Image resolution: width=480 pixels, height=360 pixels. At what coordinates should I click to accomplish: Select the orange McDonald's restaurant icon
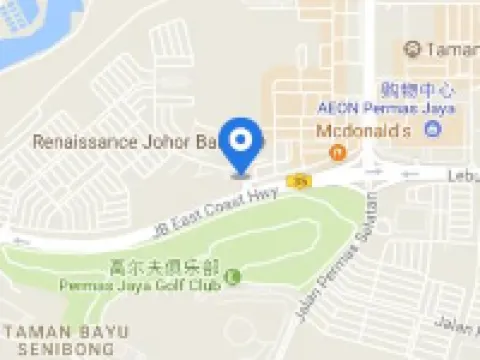[x=338, y=152]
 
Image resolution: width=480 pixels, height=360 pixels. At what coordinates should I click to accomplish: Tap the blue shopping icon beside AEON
[x=432, y=129]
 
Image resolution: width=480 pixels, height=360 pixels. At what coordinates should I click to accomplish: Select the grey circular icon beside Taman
[x=411, y=48]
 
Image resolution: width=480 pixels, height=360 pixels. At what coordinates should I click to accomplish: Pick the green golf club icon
[x=234, y=275]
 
